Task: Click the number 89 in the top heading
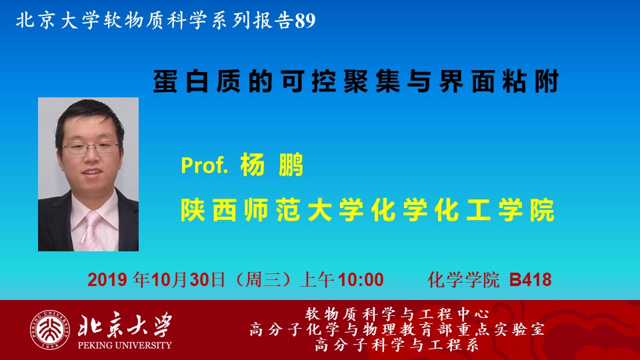point(305,21)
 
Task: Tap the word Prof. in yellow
point(204,165)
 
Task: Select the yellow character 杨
point(253,165)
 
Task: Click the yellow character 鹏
point(291,165)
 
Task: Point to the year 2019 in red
point(107,280)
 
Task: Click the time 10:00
point(361,280)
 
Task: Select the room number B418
point(530,280)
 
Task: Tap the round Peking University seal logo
point(49,330)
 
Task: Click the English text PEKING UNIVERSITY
point(125,345)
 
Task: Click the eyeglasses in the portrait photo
point(91,147)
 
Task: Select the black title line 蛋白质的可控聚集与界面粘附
point(356,81)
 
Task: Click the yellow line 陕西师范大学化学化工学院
point(367,210)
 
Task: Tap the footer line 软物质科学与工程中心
point(397,314)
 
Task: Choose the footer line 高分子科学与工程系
point(397,345)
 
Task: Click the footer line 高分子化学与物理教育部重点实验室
point(397,329)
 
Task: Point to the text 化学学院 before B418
point(464,280)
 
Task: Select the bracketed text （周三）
point(263,280)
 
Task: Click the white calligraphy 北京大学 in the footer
point(125,325)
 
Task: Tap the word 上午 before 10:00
point(317,280)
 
